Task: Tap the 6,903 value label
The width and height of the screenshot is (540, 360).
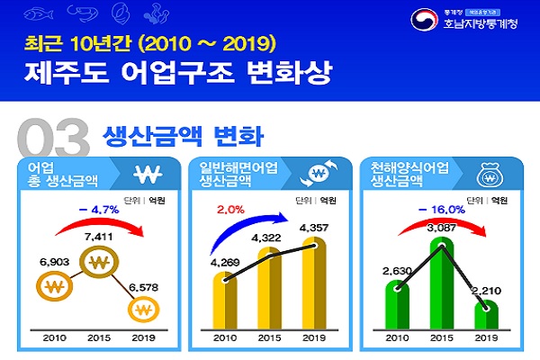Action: [54, 259]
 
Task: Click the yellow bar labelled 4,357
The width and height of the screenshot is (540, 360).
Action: [315, 288]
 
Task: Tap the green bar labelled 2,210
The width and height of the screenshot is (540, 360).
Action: [487, 318]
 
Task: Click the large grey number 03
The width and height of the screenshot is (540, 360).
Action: [52, 139]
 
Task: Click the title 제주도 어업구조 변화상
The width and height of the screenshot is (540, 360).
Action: [147, 71]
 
